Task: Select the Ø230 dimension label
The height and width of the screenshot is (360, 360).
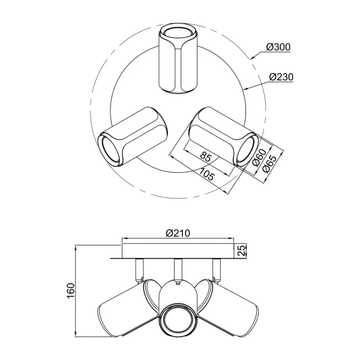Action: point(280,77)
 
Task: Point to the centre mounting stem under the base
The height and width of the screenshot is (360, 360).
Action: point(178,269)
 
